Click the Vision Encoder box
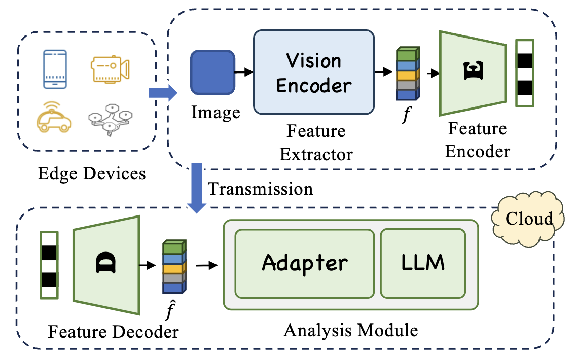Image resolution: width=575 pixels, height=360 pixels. [313, 72]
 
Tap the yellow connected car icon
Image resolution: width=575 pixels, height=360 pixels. [54, 117]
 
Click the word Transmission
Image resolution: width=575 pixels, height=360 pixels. [261, 189]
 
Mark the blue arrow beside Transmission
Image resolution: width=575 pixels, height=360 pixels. [195, 188]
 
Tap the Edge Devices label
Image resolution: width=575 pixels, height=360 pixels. [92, 174]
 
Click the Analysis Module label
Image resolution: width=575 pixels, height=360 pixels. [351, 330]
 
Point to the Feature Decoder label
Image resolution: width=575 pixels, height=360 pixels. [113, 332]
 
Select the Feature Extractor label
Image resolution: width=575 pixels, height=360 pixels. [316, 142]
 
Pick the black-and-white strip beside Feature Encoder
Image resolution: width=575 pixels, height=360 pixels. [525, 73]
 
